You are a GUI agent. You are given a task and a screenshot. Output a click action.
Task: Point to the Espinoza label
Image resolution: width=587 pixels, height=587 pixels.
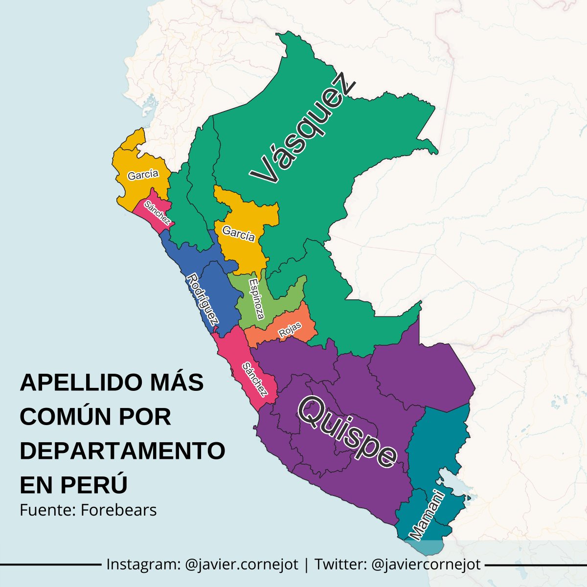[256, 298]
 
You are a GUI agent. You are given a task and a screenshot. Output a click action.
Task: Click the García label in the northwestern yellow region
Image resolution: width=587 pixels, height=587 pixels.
[143, 175]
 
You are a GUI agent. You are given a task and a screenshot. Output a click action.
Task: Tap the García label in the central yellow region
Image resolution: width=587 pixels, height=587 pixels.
[238, 233]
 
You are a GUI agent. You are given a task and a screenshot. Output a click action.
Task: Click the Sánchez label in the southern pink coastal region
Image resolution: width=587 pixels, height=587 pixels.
[255, 379]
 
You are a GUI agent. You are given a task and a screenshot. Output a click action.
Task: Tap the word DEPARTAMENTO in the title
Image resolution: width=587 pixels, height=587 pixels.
[122, 451]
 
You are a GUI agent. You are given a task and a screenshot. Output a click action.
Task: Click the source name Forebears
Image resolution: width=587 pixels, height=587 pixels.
[118, 510]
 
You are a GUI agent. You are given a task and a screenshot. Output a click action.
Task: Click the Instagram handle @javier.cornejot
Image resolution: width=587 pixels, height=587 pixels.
[242, 564]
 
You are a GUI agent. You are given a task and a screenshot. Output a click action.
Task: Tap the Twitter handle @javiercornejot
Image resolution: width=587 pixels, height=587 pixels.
[426, 564]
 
